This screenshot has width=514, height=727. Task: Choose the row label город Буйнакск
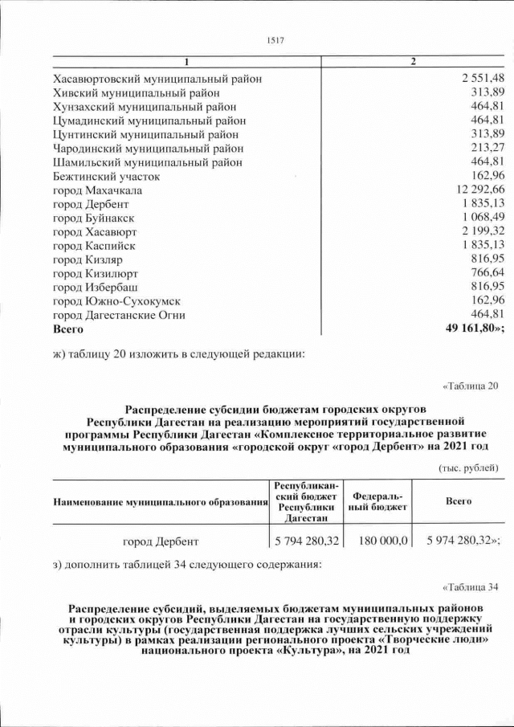pyautogui.click(x=94, y=218)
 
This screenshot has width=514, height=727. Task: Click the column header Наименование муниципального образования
pyautogui.click(x=160, y=502)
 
